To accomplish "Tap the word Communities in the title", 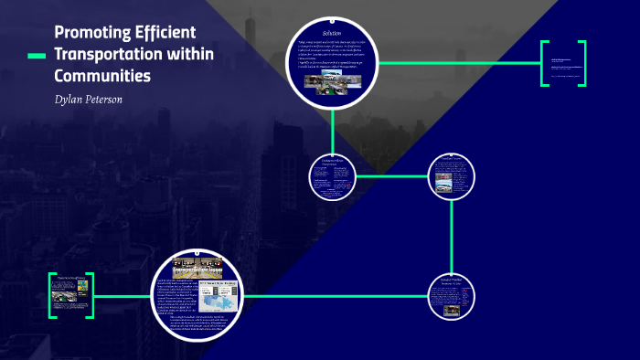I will coord(101,76).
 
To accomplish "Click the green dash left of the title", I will coord(37,56).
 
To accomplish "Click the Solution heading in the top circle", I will coord(332,33).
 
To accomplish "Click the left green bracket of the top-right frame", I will coord(543,63).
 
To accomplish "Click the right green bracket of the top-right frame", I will coord(582,63).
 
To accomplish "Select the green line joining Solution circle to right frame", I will coord(457,63).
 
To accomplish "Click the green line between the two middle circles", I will coord(390,175).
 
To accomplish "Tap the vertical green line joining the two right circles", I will coord(453,238).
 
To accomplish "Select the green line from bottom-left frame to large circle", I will coord(123,295).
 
